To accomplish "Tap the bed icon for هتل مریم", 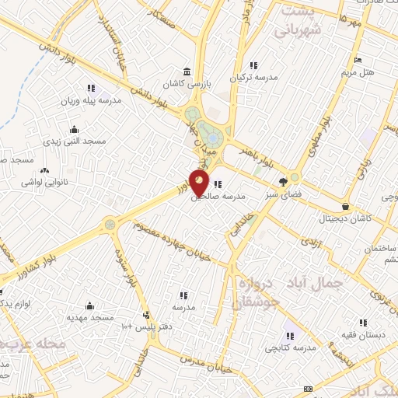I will point(358,60).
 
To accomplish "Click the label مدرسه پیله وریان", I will point(92,100).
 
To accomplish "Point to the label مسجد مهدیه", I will point(90,317).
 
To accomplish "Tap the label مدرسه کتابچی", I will point(289,347).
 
